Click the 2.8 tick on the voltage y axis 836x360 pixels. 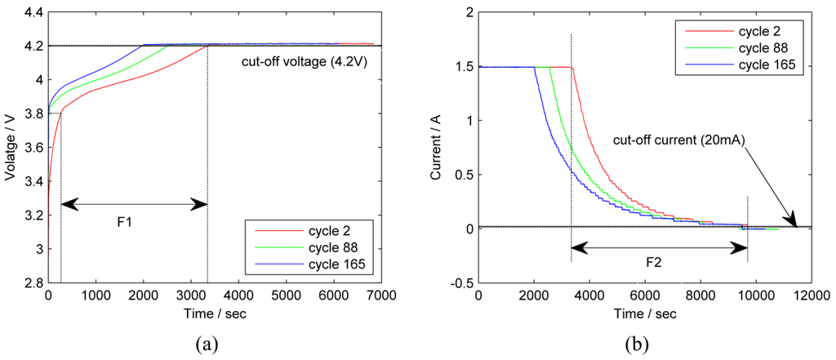(33, 282)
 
